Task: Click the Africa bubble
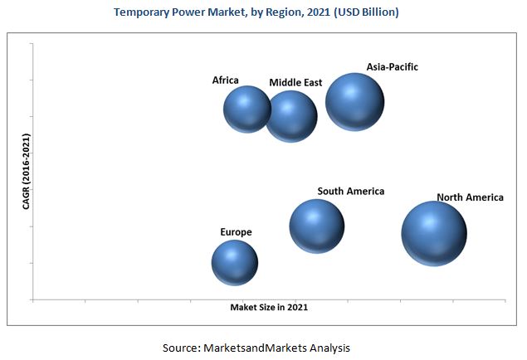point(247,109)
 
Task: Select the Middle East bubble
point(291,117)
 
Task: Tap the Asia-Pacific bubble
point(354,101)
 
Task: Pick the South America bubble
point(317,226)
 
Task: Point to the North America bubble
point(433,233)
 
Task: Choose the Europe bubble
point(235,263)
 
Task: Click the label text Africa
point(225,80)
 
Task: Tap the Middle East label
point(295,83)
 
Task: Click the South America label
point(350,192)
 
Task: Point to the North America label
point(470,197)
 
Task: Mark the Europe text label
point(236,232)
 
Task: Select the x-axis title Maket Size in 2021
point(275,307)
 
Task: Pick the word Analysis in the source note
point(328,347)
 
